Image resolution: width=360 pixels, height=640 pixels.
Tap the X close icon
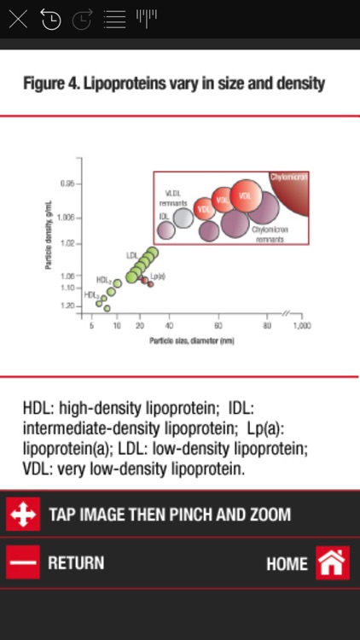18,19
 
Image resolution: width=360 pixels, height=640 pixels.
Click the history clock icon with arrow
50,19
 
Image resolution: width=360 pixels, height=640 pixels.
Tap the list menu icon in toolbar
113,19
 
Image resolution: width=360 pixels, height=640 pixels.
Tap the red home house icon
333,563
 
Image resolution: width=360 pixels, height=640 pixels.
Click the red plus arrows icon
23,515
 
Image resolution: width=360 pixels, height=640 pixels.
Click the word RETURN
76,563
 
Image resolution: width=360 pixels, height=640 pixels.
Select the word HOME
287,564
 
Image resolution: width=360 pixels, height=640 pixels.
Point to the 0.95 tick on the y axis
71,183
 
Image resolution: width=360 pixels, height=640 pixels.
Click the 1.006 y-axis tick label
69,218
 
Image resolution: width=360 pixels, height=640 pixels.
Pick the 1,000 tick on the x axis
299,327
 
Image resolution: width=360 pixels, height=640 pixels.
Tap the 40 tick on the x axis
170,327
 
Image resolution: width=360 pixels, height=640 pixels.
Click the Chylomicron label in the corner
288,177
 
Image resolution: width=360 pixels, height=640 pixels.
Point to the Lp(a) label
157,276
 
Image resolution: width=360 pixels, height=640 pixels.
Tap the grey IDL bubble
183,218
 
